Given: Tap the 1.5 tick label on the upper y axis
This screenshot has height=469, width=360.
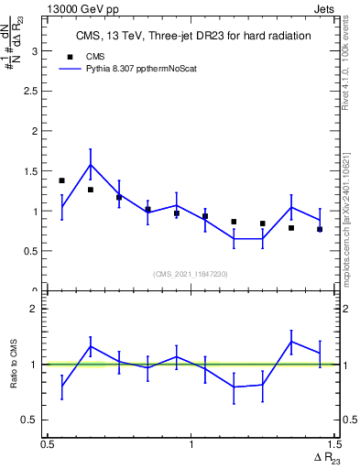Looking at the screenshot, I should point(35,171).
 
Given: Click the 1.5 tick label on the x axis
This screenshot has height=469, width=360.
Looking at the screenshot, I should point(333,444).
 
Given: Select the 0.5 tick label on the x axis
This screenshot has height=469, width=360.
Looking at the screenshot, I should point(47,444).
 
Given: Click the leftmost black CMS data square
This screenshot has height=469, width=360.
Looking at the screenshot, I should point(61,180).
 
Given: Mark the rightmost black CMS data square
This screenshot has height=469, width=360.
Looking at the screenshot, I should point(320,229).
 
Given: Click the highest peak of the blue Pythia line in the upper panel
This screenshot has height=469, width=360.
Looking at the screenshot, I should point(90,165).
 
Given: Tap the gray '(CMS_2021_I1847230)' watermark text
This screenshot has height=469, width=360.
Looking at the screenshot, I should point(191,273).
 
